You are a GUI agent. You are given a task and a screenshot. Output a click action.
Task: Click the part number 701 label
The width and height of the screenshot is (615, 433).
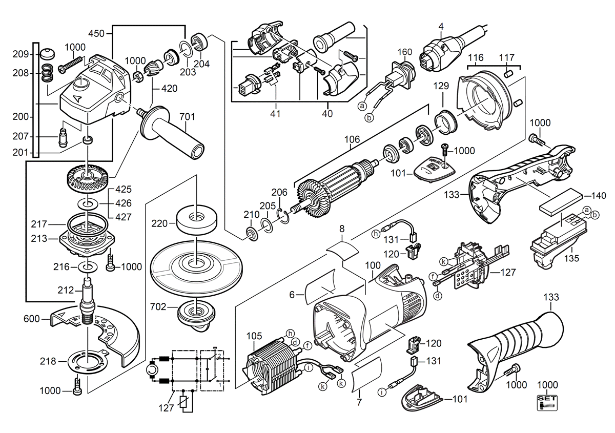tap(187, 117)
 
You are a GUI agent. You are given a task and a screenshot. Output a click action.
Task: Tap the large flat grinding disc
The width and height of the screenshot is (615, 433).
tap(197, 269)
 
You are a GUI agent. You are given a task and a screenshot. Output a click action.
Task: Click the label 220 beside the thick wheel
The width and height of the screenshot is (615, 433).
tap(159, 223)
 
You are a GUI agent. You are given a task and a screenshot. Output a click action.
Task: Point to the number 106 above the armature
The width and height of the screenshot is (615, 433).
tap(352, 139)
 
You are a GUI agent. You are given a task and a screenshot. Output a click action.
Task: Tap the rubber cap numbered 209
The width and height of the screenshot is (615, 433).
tap(47, 55)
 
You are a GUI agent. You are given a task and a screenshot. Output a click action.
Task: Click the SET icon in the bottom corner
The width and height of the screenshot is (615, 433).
tap(547, 403)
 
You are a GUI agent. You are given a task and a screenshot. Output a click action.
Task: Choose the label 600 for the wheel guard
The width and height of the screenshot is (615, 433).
tap(32, 319)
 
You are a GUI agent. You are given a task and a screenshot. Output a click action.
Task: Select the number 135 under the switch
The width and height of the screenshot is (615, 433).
tap(571, 258)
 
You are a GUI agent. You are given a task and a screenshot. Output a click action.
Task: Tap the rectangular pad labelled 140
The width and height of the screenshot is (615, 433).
tap(561, 202)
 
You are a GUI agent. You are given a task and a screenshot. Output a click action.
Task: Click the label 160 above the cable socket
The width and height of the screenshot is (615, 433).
tap(405, 52)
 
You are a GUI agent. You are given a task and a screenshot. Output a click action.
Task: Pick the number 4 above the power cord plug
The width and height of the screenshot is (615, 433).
tap(441, 27)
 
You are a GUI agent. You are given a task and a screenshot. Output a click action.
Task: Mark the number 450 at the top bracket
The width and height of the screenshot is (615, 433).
tap(96, 33)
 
